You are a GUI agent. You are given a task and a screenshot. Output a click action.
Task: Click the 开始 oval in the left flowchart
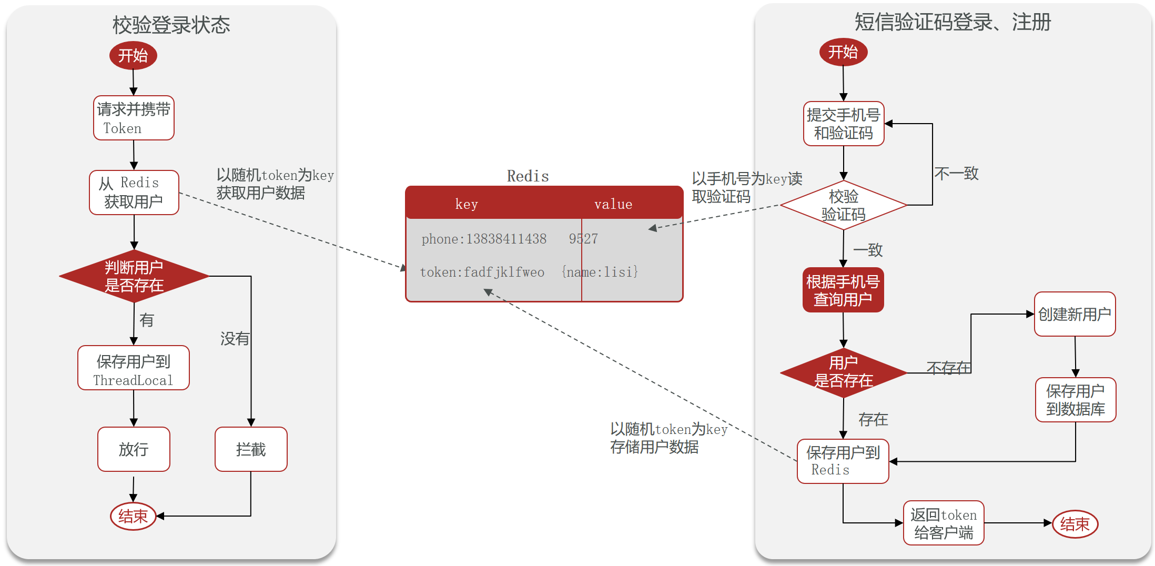click(x=133, y=55)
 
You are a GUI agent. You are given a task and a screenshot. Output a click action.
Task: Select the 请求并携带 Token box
click(x=134, y=118)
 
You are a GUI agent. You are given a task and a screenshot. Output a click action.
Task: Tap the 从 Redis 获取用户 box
click(x=134, y=193)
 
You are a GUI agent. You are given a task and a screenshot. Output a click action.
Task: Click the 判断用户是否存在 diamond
click(x=134, y=276)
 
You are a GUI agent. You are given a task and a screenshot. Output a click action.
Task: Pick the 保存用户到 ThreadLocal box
click(x=134, y=368)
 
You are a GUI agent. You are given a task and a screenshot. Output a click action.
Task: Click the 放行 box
click(x=134, y=449)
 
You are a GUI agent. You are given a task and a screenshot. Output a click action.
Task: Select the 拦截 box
click(x=251, y=449)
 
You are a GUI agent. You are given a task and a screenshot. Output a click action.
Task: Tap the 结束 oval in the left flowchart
click(x=133, y=516)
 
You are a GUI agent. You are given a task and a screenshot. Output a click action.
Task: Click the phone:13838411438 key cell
click(x=484, y=239)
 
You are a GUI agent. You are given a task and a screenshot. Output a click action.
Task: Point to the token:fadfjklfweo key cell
click(x=482, y=272)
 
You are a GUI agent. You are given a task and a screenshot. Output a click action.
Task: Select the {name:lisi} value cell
click(x=600, y=272)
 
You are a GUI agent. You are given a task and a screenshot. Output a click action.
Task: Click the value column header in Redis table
click(x=613, y=204)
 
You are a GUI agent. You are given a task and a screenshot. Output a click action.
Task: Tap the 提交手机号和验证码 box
click(x=844, y=124)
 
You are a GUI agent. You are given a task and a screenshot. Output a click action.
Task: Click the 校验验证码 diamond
click(x=844, y=205)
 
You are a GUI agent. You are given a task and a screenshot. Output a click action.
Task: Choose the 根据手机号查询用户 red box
click(x=843, y=290)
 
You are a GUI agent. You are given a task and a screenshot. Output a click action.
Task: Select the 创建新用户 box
click(x=1075, y=314)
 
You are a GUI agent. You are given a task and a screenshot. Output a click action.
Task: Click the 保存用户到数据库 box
click(x=1076, y=400)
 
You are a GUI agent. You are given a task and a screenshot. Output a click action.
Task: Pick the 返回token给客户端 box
click(x=944, y=523)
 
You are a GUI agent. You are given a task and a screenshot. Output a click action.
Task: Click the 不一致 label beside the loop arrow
click(x=957, y=173)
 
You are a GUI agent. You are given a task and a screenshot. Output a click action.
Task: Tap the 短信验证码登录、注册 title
click(x=953, y=22)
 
